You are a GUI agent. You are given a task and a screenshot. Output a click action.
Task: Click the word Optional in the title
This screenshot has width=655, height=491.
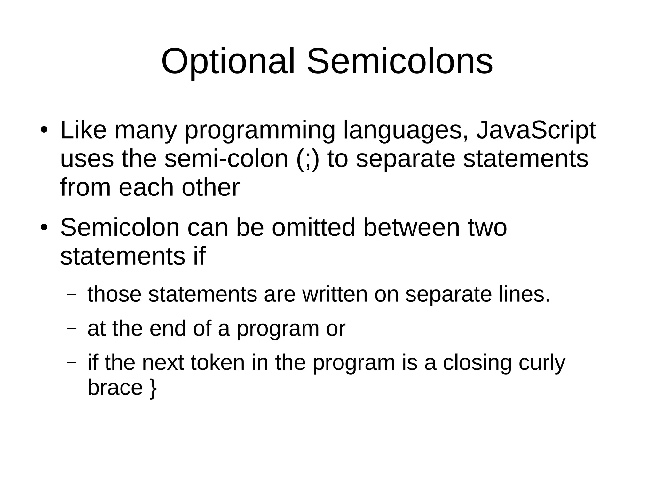pyautogui.click(x=228, y=61)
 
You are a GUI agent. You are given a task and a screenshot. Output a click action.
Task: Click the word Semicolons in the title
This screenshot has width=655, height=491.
pyautogui.click(x=399, y=61)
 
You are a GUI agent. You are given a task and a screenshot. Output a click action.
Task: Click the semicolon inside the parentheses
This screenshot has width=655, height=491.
pyautogui.click(x=308, y=160)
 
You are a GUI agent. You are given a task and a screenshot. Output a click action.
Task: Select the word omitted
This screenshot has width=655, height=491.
pyautogui.click(x=313, y=227)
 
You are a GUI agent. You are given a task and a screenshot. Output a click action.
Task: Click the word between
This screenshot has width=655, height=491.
pyautogui.click(x=411, y=227)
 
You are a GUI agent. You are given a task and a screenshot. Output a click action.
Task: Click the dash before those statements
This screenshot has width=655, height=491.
pyautogui.click(x=71, y=294)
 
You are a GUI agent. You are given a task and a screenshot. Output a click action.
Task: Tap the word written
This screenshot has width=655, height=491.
pyautogui.click(x=335, y=294)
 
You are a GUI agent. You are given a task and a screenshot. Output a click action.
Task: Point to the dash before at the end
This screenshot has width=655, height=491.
pyautogui.click(x=71, y=328)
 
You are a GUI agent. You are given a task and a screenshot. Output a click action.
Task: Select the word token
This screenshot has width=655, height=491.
pyautogui.click(x=217, y=362)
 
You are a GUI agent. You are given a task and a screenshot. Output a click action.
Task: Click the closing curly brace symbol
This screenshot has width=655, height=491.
pyautogui.click(x=153, y=388)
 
